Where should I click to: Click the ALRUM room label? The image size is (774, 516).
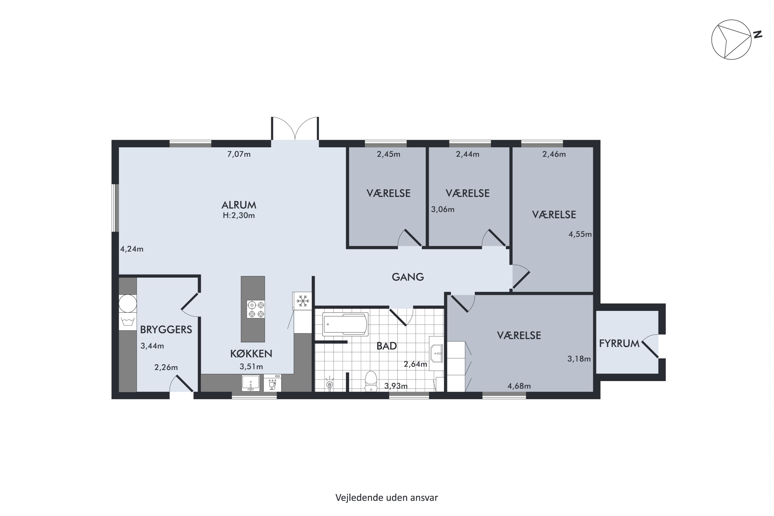pos(239,205)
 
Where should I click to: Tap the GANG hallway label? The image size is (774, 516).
pos(408,277)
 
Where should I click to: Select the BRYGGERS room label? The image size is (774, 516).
pos(166,330)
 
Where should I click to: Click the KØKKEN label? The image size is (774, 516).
pos(251,354)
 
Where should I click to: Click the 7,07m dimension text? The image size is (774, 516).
pos(239,154)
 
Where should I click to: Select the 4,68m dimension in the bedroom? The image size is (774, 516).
pos(519,386)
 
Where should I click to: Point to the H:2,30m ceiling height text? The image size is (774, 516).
pos(239,215)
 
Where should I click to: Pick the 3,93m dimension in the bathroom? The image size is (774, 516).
pos(396,386)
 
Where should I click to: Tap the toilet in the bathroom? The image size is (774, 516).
pos(371,381)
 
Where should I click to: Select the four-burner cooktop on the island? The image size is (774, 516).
pos(256,309)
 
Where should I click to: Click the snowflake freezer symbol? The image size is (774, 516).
pos(302,301)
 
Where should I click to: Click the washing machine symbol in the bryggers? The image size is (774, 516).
pos(128,321)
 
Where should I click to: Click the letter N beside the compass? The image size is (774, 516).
pos(758,34)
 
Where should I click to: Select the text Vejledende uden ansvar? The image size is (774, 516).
pos(387,498)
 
